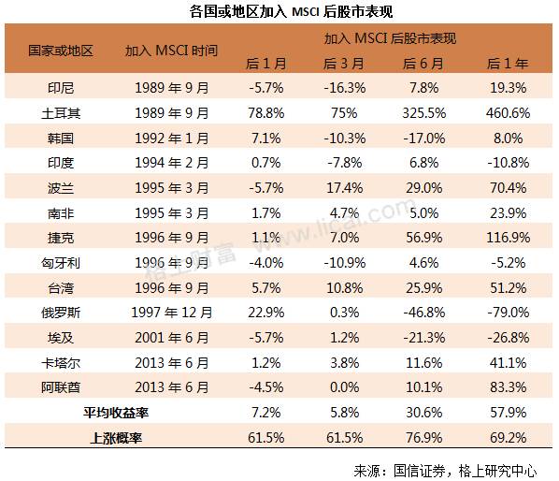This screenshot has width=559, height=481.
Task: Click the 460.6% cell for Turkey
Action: coord(509,111)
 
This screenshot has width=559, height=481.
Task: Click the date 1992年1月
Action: coord(171,137)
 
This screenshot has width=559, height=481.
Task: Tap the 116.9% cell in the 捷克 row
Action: coord(509,236)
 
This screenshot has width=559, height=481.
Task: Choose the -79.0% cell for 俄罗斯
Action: coord(509,311)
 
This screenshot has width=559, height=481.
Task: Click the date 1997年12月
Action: coord(171,311)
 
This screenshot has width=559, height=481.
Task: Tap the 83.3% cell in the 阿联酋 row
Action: coord(509,386)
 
